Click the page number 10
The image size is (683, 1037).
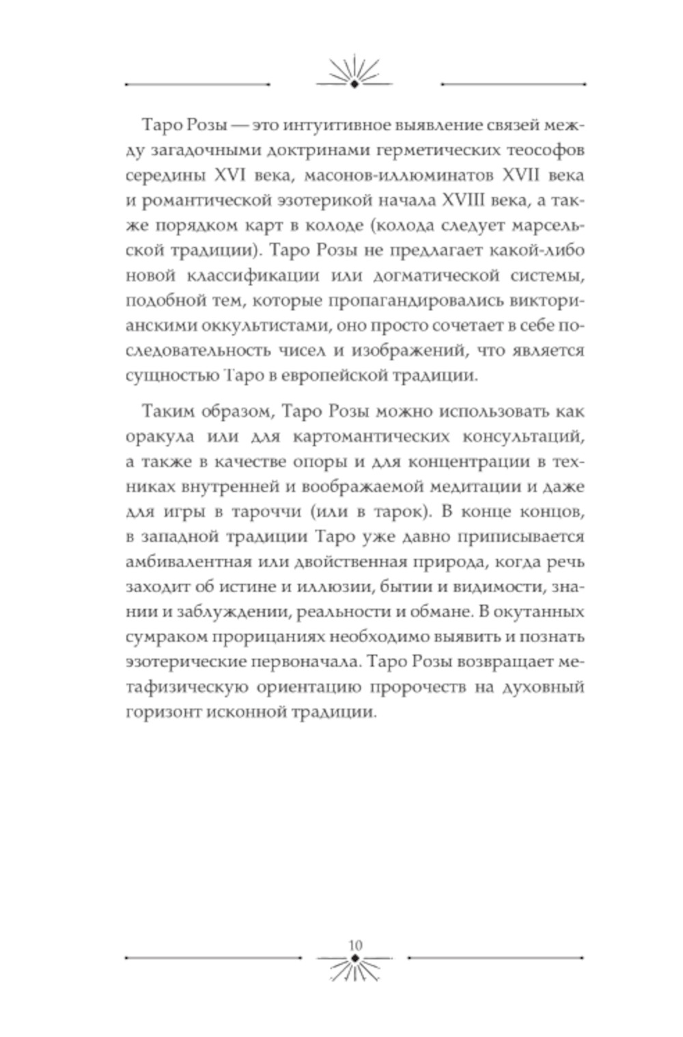pyautogui.click(x=355, y=945)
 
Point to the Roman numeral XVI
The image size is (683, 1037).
pyautogui.click(x=230, y=175)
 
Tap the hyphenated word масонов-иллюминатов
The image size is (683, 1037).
pyautogui.click(x=399, y=175)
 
